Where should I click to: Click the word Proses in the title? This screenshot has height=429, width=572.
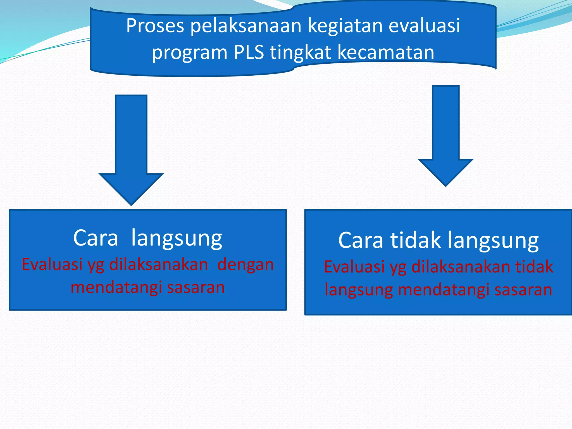tap(155, 26)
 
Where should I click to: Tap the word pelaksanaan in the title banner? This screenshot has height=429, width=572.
tap(246, 26)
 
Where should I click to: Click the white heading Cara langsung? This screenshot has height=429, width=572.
tap(147, 238)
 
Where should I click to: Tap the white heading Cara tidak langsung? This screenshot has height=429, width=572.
tap(438, 240)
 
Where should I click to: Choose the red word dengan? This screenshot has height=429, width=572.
tap(246, 265)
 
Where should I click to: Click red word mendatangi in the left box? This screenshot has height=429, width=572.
tap(116, 288)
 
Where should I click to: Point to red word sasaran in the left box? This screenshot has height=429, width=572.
tap(196, 288)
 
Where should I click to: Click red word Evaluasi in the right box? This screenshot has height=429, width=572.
tap(354, 266)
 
